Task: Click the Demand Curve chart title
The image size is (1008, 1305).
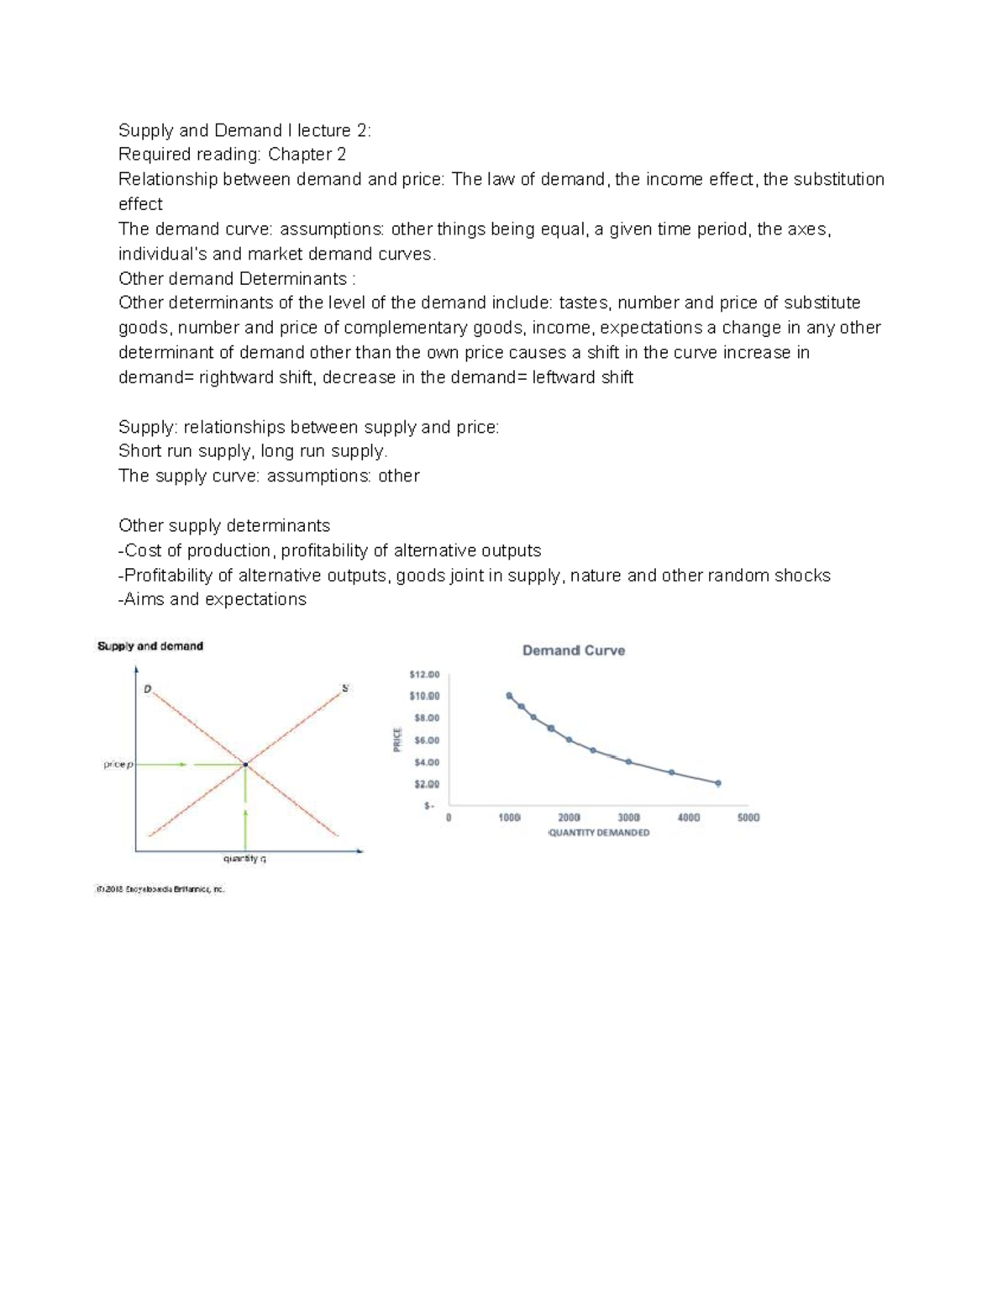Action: [x=573, y=650]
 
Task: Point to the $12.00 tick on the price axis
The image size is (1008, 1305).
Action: [x=423, y=674]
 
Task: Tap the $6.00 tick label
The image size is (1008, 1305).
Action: [x=426, y=740]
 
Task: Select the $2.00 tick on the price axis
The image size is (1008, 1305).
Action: [x=426, y=784]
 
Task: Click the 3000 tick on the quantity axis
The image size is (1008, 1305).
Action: [x=628, y=817]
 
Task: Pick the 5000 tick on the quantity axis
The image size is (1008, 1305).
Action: [x=748, y=817]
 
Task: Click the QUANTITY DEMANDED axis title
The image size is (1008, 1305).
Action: [x=598, y=833]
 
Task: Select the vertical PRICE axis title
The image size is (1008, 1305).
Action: [x=397, y=739]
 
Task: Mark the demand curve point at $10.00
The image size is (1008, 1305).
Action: [x=509, y=696]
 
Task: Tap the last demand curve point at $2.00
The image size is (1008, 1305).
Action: [x=717, y=783]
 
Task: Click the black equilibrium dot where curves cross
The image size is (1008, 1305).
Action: [x=245, y=765]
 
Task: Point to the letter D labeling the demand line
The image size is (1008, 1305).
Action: [x=147, y=689]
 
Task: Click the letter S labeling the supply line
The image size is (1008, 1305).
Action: [x=344, y=688]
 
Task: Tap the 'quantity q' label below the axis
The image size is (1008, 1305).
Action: [x=244, y=859]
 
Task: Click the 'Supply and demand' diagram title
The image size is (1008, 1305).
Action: [x=150, y=646]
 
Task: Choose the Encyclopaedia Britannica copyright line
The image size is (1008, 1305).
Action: [x=161, y=889]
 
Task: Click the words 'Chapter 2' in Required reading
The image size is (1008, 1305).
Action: [x=307, y=155]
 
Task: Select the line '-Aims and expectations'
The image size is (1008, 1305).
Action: [x=213, y=599]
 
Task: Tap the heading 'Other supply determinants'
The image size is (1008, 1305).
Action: [x=224, y=526]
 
